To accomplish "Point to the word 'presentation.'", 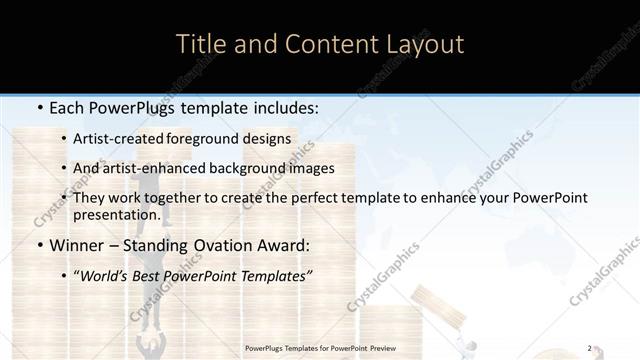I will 116,214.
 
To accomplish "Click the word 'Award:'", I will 284,245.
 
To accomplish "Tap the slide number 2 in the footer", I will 589,348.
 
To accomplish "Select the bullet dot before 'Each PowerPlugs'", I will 38,107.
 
